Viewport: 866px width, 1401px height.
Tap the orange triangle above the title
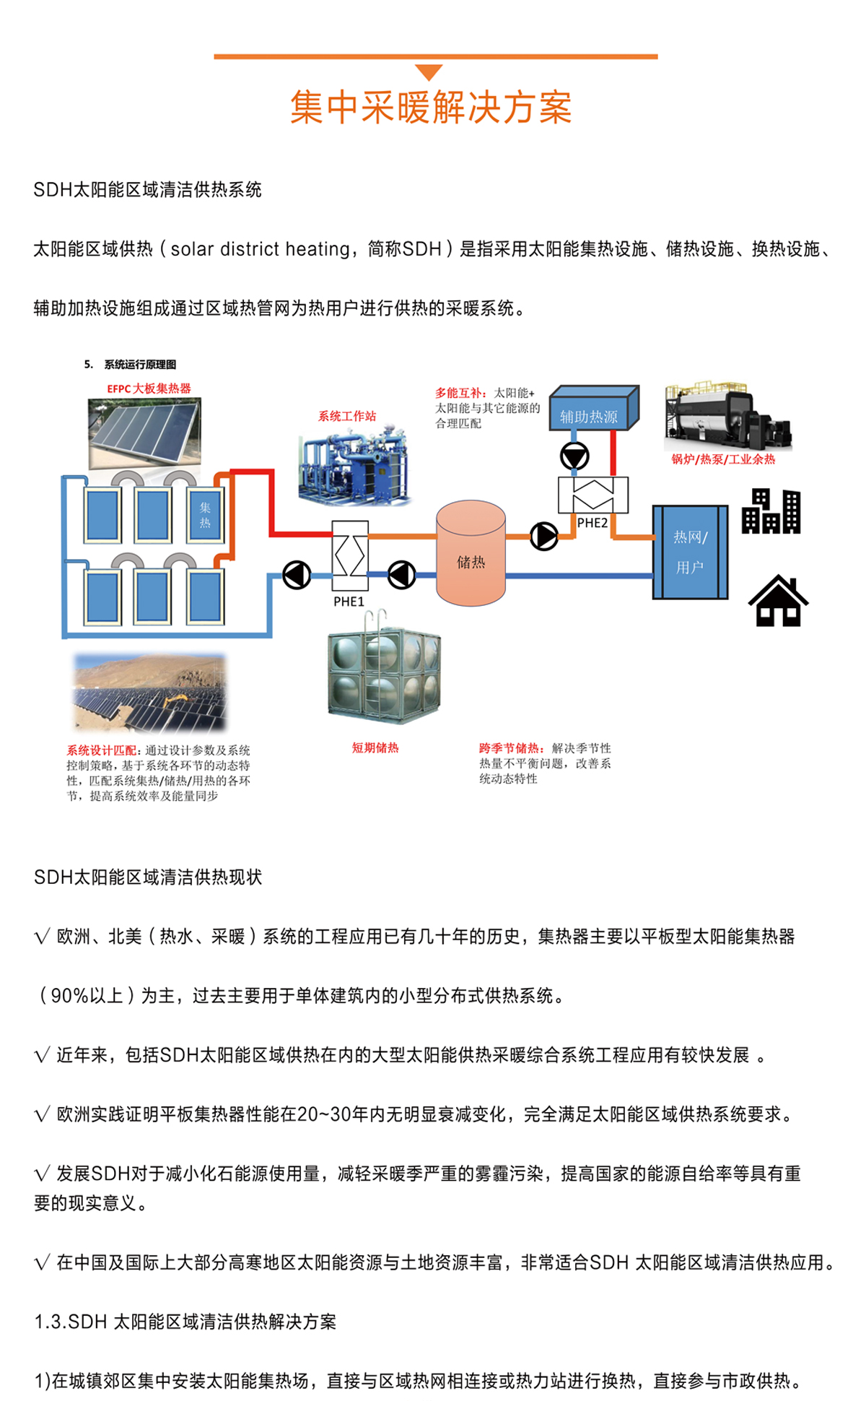[429, 71]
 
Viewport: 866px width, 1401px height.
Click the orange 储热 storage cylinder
[471, 555]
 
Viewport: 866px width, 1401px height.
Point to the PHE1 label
[349, 602]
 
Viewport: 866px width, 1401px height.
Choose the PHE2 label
[592, 523]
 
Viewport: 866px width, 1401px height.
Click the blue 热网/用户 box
[690, 552]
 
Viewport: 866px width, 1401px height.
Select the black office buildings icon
[771, 511]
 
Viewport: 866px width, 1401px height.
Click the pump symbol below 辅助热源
[574, 456]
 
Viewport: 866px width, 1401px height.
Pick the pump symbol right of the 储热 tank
[543, 536]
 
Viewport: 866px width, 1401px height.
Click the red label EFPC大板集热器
[149, 389]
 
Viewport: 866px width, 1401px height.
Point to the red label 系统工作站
[347, 416]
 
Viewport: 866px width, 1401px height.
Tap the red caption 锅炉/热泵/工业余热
[723, 459]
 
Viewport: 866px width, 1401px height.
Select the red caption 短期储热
[375, 748]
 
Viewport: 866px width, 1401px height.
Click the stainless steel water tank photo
[384, 675]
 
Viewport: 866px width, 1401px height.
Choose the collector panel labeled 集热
[205, 515]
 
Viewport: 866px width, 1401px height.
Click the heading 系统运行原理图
[140, 365]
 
